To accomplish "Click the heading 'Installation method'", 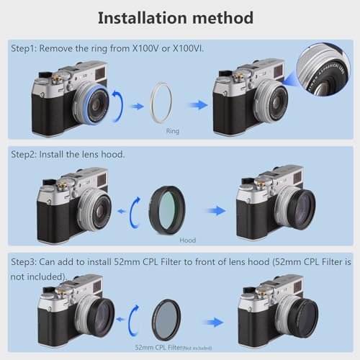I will click(175, 17).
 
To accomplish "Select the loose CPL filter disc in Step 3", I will click(166, 317).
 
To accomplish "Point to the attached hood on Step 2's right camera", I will click(299, 210).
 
